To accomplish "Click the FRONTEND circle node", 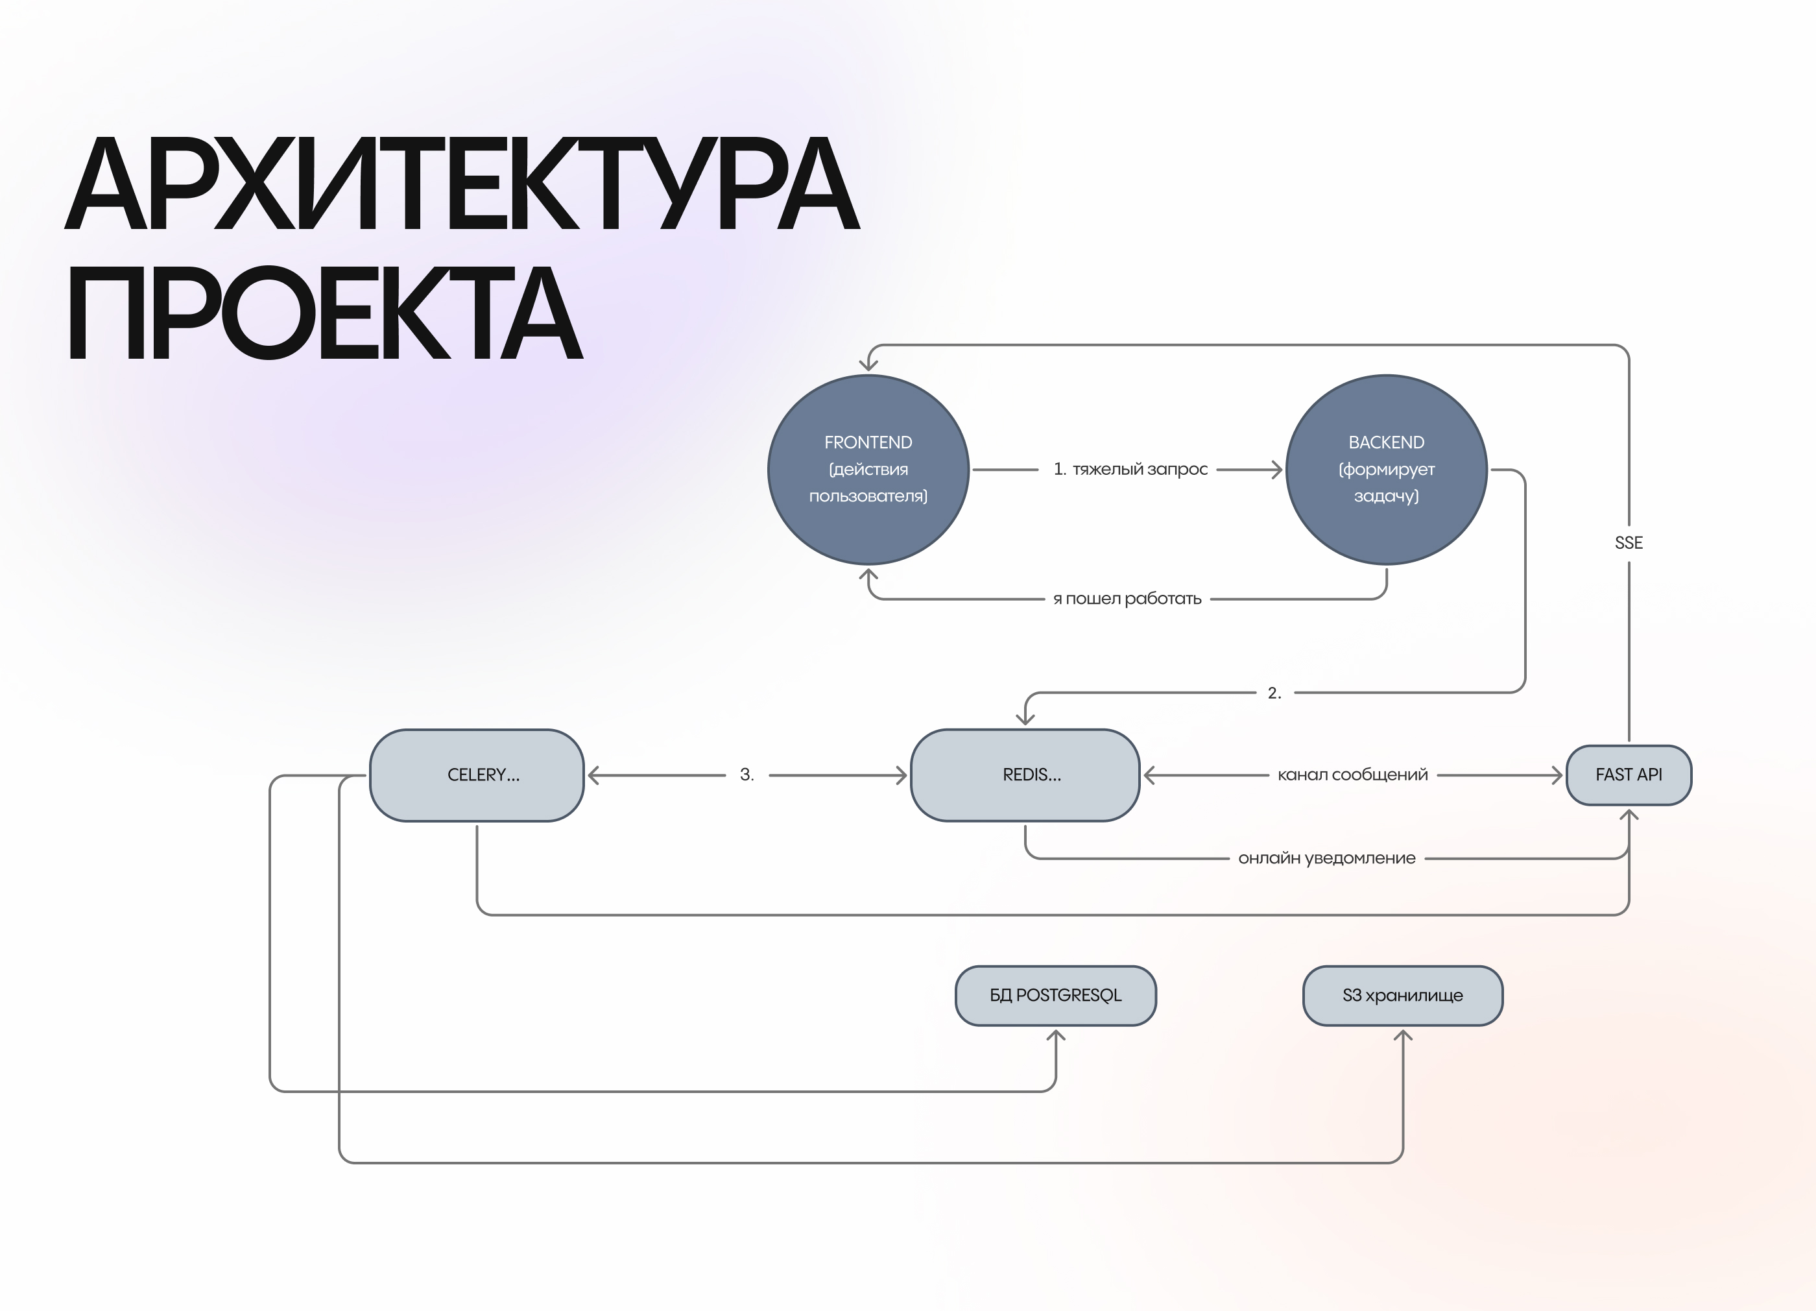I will point(868,469).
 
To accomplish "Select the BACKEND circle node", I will point(1386,469).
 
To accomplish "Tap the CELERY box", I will point(477,775).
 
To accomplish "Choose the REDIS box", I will point(1025,775).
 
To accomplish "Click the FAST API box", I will point(1629,775).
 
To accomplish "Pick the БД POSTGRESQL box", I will point(1055,994).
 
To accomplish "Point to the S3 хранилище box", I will point(1402,994).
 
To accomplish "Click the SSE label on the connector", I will point(1629,543).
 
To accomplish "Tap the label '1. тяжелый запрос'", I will point(1130,469).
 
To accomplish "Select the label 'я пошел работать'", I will point(1127,598).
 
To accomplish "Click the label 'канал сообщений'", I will point(1352,775).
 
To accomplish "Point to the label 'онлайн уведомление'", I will point(1326,858).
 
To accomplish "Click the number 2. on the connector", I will point(1274,693).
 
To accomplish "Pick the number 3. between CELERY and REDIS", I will point(747,775).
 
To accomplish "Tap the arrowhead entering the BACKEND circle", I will point(1276,469).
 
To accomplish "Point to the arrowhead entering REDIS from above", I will point(1025,718).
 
